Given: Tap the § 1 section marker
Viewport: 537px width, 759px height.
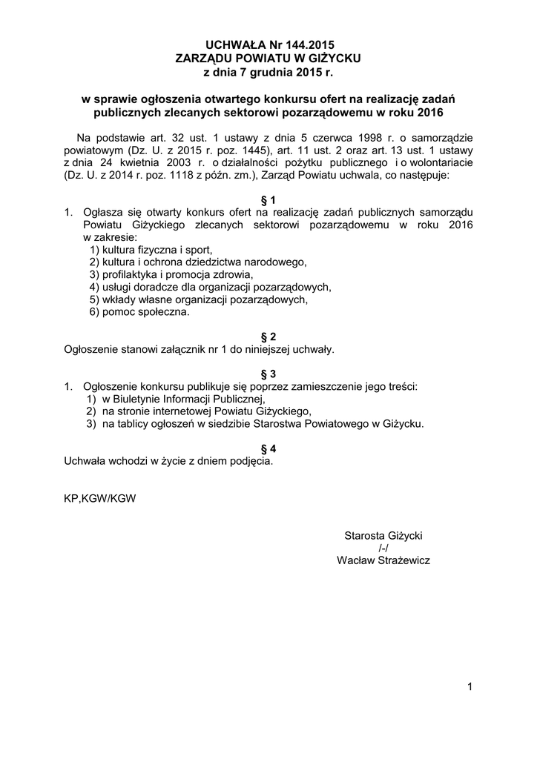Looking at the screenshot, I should pyautogui.click(x=268, y=200).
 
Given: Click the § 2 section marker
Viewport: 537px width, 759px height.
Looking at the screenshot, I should pyautogui.click(x=268, y=336).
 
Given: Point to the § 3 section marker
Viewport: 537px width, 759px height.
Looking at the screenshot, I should pyautogui.click(x=268, y=374).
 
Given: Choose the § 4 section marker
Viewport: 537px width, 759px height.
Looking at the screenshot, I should pyautogui.click(x=268, y=448).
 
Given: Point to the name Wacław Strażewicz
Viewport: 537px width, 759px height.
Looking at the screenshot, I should pyautogui.click(x=383, y=560).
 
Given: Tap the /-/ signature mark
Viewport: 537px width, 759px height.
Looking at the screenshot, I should pyautogui.click(x=383, y=548).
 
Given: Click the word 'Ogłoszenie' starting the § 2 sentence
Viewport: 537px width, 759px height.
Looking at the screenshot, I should pyautogui.click(x=90, y=348).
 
